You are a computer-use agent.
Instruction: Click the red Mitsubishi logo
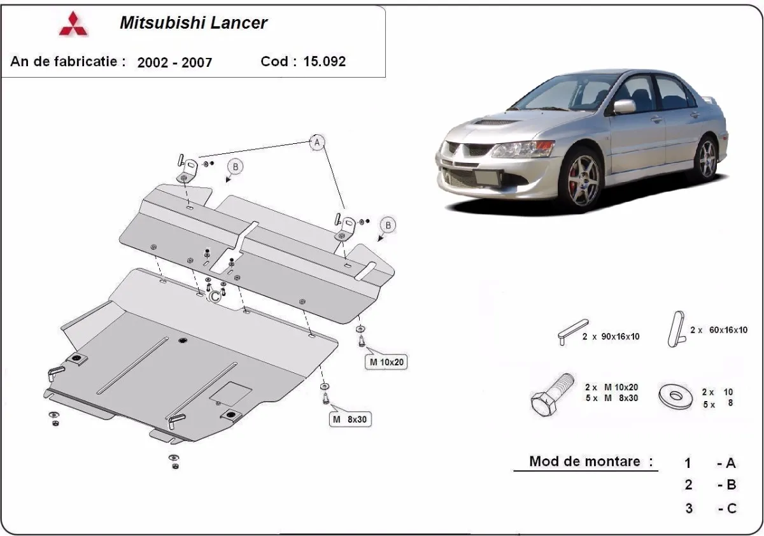click(74, 24)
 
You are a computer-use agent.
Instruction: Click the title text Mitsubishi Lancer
click(194, 24)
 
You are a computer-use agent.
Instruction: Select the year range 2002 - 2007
click(174, 62)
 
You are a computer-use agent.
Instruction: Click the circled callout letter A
click(317, 143)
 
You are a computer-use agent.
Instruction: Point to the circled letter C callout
click(215, 295)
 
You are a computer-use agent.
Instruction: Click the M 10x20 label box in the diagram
click(385, 362)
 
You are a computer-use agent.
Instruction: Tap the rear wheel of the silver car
click(705, 157)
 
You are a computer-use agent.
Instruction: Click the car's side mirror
click(624, 106)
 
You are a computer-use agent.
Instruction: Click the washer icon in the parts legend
click(676, 395)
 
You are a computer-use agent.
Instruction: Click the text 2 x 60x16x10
click(719, 330)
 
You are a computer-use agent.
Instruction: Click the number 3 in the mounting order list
click(689, 508)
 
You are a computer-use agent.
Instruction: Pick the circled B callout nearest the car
click(388, 225)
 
